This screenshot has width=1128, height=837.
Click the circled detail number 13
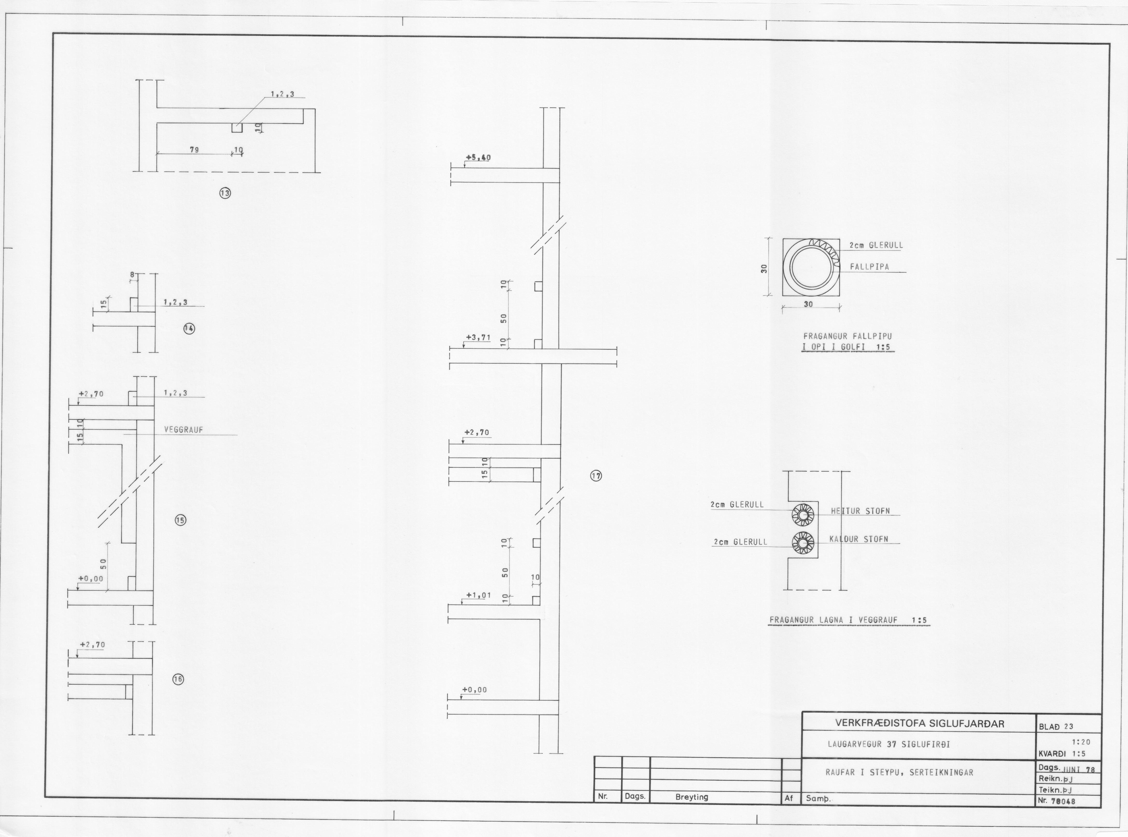225,193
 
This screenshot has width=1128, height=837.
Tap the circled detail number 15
181,520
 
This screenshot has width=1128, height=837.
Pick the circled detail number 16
178,680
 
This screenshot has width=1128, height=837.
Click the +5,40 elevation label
478,157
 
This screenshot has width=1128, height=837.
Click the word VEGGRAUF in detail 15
183,430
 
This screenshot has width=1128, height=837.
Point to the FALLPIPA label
870,267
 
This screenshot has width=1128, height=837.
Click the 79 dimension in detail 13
194,150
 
